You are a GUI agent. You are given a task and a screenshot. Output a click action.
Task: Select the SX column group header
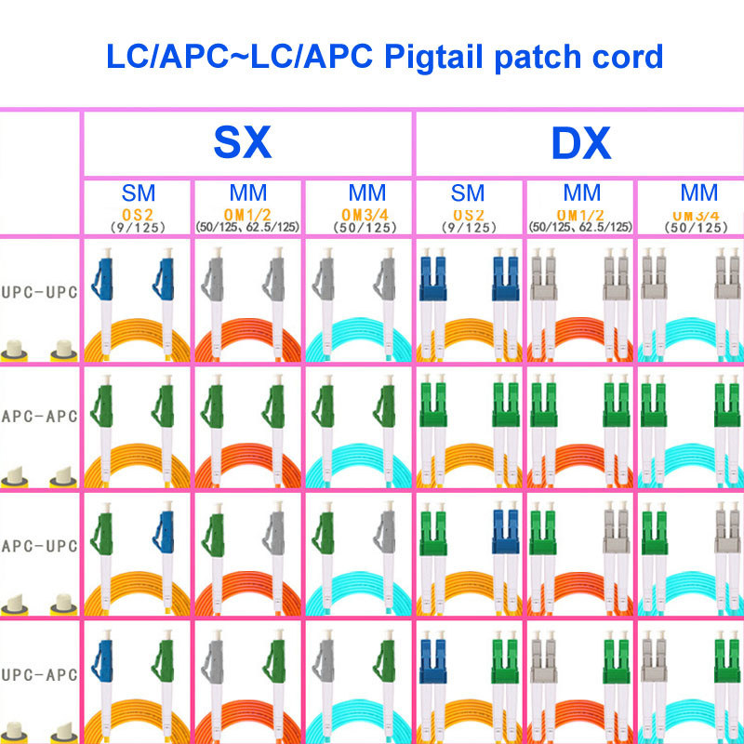[x=244, y=143]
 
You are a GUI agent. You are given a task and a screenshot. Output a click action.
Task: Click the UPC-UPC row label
[x=39, y=291]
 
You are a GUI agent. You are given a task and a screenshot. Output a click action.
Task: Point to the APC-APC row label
[x=39, y=416]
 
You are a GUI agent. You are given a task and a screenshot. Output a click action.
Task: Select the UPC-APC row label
[x=39, y=671]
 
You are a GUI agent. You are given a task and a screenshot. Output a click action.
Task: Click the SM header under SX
[x=139, y=193]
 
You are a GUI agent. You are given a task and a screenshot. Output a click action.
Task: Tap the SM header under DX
[x=468, y=193]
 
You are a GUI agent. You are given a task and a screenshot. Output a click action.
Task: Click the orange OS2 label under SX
[x=139, y=213]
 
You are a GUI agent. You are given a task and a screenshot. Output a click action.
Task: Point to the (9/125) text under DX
[x=468, y=226]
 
